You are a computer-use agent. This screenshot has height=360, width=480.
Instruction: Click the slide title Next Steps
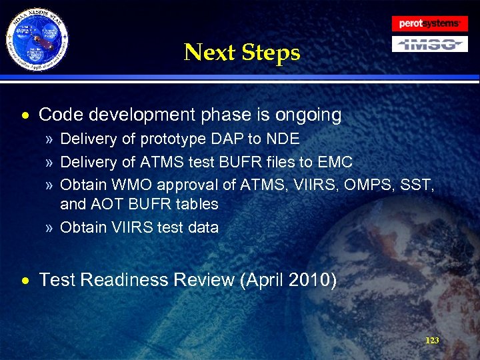(242, 51)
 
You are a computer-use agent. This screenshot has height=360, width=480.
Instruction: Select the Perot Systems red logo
(429, 23)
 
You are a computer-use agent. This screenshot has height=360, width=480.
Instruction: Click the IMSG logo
(429, 45)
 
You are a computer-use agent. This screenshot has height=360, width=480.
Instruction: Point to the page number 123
(432, 341)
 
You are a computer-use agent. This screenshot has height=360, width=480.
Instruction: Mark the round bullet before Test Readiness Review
(25, 281)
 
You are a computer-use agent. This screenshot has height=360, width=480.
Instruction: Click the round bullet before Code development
(25, 116)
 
